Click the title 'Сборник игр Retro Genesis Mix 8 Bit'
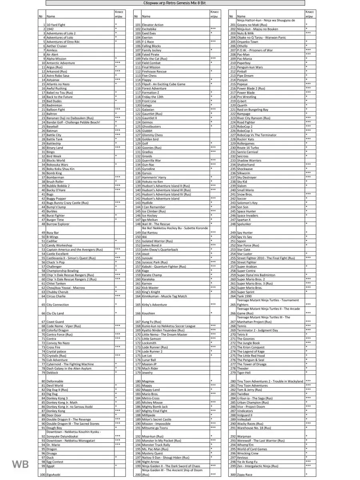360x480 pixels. pyautogui.click(x=175, y=3)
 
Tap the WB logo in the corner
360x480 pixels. pyautogui.click(x=20, y=464)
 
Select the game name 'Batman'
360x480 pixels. pyautogui.click(x=52, y=131)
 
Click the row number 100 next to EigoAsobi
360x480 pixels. pyautogui.click(x=42, y=474)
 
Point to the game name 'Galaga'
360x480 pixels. pyautogui.click(x=147, y=105)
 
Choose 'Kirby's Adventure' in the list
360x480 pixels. pyautogui.click(x=154, y=305)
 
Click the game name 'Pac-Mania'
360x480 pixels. pyautogui.click(x=244, y=59)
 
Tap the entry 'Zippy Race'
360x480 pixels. pyautogui.click(x=245, y=474)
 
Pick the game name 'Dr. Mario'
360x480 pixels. pyautogui.click(x=53, y=445)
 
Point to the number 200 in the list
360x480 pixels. pyautogui.click(x=138, y=474)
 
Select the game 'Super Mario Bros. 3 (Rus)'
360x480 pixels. pyautogui.click(x=255, y=284)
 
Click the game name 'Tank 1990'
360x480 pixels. pyautogui.click(x=244, y=296)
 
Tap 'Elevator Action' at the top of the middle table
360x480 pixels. pyautogui.click(x=153, y=25)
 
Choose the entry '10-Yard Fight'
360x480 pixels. pyautogui.click(x=56, y=25)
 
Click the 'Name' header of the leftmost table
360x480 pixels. pyautogui.click(x=51, y=16)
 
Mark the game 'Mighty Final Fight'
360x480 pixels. pyautogui.click(x=155, y=411)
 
